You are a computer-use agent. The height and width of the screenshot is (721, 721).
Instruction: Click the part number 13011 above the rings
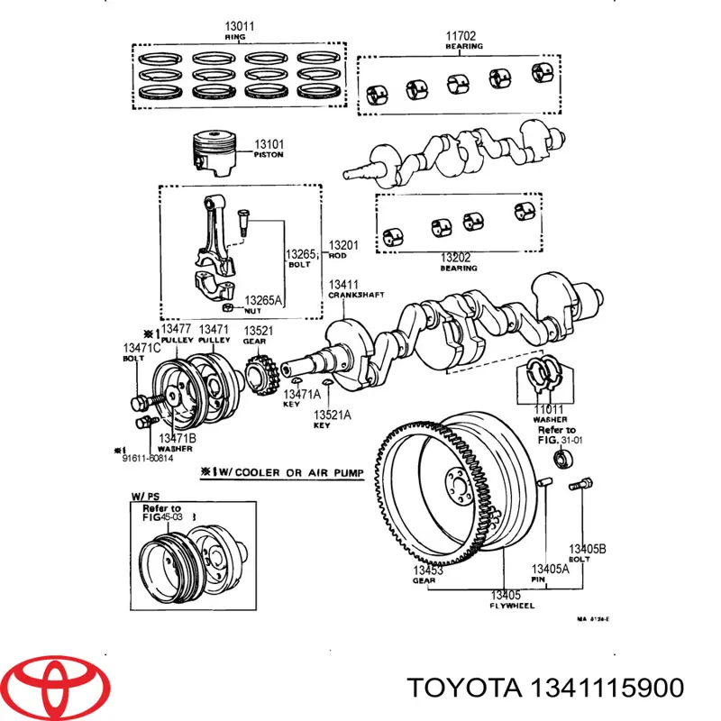pos(240,27)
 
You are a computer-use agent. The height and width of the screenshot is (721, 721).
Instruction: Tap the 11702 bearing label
pos(463,39)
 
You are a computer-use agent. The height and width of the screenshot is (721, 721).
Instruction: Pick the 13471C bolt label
pos(141,351)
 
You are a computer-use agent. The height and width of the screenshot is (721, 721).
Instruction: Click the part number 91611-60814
pos(149,458)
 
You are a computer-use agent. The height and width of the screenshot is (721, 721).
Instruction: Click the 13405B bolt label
pos(586,552)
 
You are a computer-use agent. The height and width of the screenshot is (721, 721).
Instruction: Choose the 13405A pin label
pos(549,573)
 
